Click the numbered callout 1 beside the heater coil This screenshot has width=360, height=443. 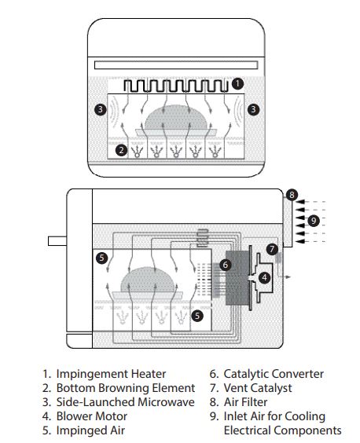(x=237, y=83)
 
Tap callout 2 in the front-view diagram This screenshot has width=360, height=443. (x=121, y=150)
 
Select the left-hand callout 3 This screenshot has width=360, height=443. (x=101, y=109)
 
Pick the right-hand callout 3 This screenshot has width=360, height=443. (x=253, y=109)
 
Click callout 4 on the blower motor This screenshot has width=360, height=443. (x=264, y=277)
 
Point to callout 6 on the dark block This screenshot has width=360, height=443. (x=225, y=265)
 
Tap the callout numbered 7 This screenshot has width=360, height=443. (x=272, y=249)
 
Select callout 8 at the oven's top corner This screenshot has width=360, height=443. (x=292, y=195)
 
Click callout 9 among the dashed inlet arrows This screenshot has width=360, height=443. (x=313, y=221)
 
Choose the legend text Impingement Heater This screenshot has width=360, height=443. (x=111, y=374)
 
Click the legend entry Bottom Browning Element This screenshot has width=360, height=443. (x=126, y=388)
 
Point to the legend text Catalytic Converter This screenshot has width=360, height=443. (x=274, y=374)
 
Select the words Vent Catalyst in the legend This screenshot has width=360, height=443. (x=258, y=388)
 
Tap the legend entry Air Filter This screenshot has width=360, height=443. (x=245, y=402)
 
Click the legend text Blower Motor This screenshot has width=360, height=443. (x=92, y=416)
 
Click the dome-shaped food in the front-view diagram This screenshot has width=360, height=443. (x=176, y=118)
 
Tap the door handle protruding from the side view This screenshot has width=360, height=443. (x=57, y=241)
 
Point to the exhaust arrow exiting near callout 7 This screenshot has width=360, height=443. (x=284, y=276)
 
